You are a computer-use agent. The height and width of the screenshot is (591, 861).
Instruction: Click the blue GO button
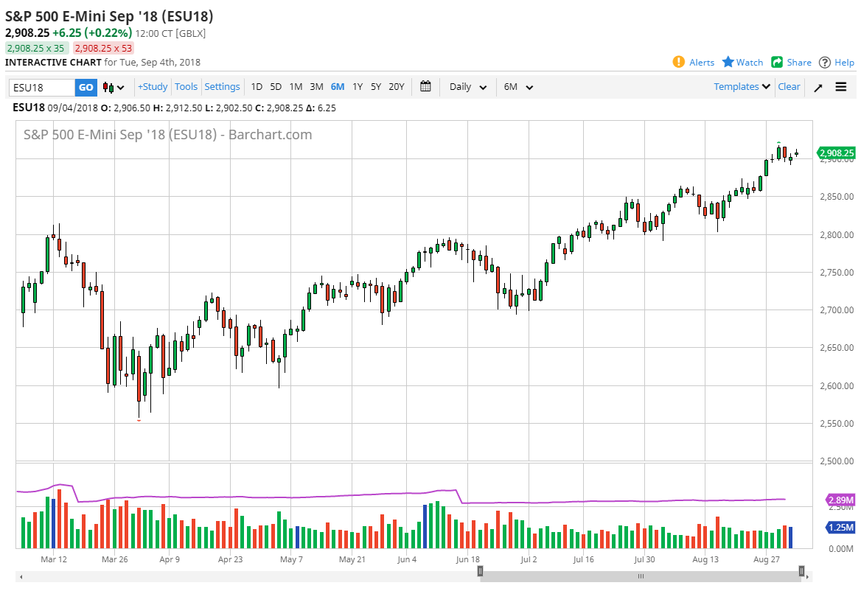[x=86, y=87]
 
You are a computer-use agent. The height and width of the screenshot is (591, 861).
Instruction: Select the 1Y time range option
[x=358, y=87]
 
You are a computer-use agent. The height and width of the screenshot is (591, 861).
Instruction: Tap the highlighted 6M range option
[x=338, y=87]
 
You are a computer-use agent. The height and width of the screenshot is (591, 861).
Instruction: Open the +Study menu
[x=153, y=87]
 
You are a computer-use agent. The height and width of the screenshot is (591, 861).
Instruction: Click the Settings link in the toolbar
[x=222, y=87]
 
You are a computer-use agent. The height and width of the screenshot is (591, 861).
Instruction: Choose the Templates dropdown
[x=742, y=87]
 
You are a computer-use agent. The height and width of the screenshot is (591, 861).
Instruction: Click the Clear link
[x=789, y=87]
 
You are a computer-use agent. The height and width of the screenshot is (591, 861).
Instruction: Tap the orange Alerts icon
[x=679, y=62]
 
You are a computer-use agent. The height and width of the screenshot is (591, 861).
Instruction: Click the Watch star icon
[x=728, y=62]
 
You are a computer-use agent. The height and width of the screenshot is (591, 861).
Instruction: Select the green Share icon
[x=777, y=62]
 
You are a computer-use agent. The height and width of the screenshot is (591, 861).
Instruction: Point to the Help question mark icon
[x=825, y=62]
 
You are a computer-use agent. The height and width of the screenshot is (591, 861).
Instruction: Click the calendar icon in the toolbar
[x=425, y=86]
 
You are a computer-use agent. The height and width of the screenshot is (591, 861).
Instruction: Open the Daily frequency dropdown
[x=468, y=87]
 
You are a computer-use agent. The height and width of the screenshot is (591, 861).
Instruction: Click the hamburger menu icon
[x=841, y=87]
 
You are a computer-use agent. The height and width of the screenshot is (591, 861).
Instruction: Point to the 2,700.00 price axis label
[x=834, y=310]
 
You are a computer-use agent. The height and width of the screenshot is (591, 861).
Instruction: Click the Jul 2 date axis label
[x=529, y=559]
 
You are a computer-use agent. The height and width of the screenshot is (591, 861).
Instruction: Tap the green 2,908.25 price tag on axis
[x=837, y=153]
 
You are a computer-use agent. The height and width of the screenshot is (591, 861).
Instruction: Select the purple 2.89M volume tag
[x=840, y=500]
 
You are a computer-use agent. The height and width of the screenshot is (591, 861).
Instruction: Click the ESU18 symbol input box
[x=41, y=88]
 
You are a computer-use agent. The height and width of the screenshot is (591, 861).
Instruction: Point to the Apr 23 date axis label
[x=231, y=559]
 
